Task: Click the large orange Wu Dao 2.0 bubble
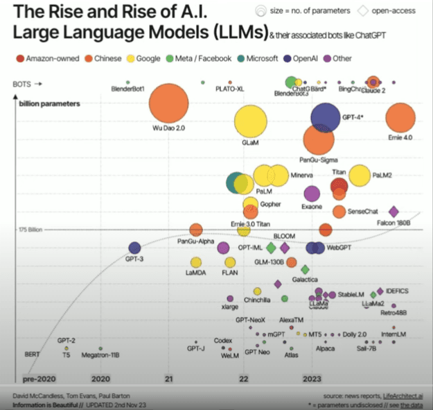point(169,105)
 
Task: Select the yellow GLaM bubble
point(250,122)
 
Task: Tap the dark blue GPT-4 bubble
point(330,117)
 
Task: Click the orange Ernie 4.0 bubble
point(405,117)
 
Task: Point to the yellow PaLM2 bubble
point(359,176)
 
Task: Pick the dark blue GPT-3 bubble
point(134,248)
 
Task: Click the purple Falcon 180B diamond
point(394,212)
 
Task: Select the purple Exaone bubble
point(312,194)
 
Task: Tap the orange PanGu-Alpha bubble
point(196,230)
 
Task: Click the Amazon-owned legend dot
point(19,59)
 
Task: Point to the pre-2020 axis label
point(38,379)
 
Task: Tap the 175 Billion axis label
point(31,229)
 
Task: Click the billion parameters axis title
point(50,103)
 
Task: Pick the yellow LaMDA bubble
point(196,262)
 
